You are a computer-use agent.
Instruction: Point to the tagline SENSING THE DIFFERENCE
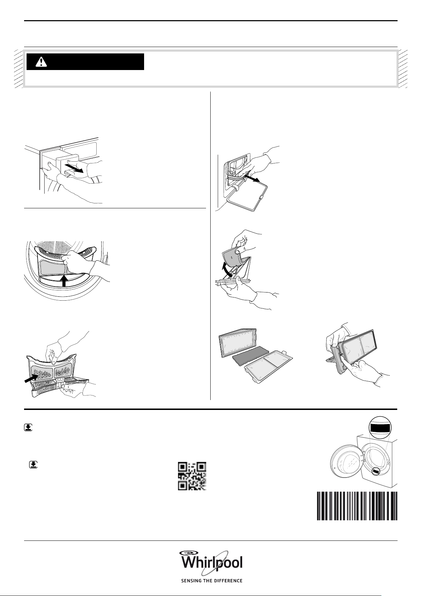[x=212, y=581]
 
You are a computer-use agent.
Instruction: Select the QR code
[x=192, y=476]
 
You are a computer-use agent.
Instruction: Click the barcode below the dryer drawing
[x=357, y=506]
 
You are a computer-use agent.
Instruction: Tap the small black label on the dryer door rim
[x=377, y=471]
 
